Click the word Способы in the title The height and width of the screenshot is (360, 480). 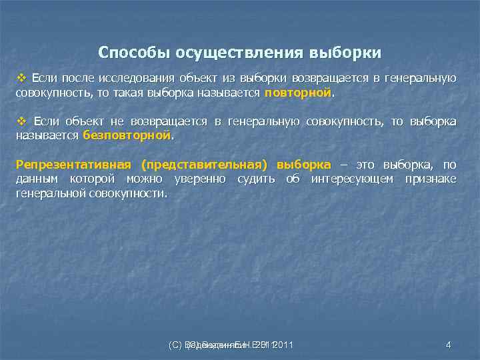[129, 52]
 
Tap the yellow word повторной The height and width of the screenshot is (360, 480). [297, 93]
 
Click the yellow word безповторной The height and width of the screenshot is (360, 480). [127, 135]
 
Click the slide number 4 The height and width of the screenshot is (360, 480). [448, 345]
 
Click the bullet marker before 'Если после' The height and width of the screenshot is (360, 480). [20, 79]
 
